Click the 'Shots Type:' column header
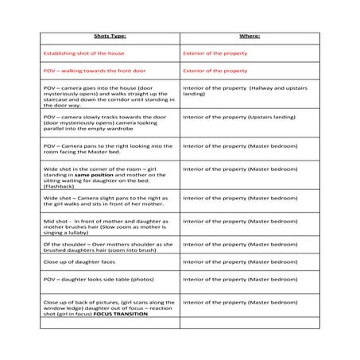pos(110,37)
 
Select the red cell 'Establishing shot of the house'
pos(83,53)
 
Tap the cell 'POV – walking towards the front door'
pos(91,71)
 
